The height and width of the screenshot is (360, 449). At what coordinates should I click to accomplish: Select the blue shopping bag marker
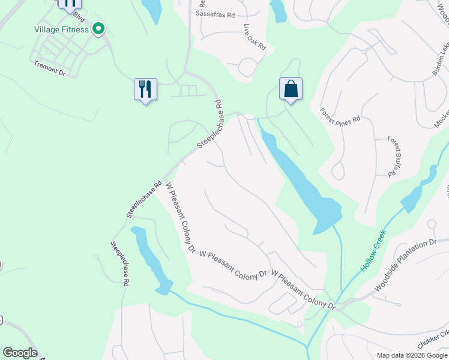pos(291,89)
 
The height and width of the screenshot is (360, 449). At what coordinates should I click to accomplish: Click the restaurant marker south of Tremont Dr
pos(145,89)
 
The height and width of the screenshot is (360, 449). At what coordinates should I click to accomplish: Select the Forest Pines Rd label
pos(340,115)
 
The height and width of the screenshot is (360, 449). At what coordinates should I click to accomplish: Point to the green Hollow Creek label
pos(373,251)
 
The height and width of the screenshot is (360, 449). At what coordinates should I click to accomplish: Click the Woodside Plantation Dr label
pos(406,265)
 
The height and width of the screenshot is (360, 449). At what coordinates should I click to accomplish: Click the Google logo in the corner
pos(20,353)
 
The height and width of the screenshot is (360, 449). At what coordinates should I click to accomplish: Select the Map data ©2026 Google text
pos(412,355)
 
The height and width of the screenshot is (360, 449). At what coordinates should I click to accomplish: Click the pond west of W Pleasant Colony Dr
pos(149,259)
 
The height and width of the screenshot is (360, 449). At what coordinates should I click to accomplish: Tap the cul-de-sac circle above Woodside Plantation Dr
pos(431,224)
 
